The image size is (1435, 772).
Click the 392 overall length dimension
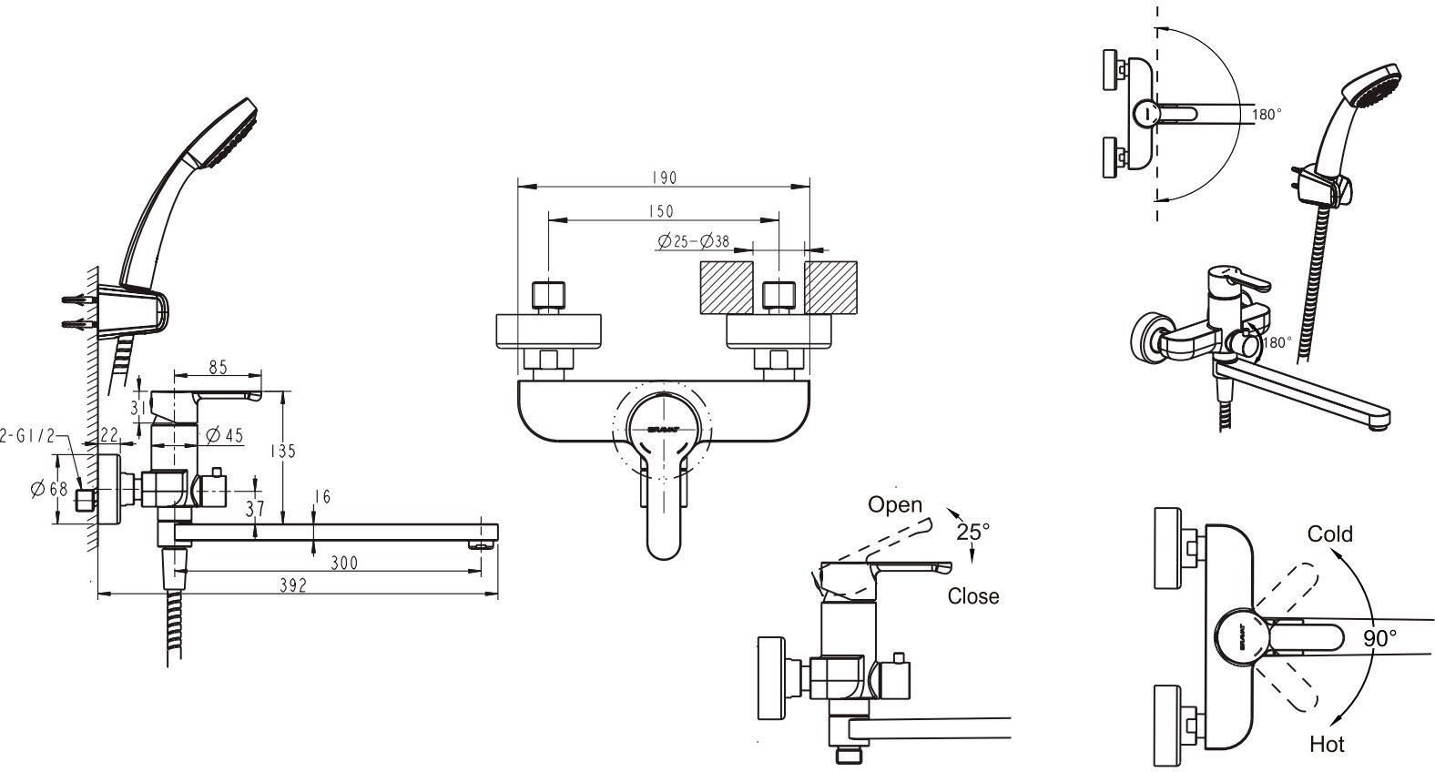point(293,586)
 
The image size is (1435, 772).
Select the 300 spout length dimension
point(343,563)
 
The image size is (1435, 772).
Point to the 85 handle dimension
point(218,368)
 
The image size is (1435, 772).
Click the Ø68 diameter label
point(49,489)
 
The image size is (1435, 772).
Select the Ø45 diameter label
point(225,435)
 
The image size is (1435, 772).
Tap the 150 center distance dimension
point(662,211)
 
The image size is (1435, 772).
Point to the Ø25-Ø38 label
point(691,241)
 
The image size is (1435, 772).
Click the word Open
point(894,504)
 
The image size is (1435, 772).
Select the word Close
point(972,596)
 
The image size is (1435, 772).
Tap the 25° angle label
point(973,531)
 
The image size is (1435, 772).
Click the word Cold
point(1329,533)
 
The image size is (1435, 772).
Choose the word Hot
point(1327,744)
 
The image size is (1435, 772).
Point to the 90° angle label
point(1380,638)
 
